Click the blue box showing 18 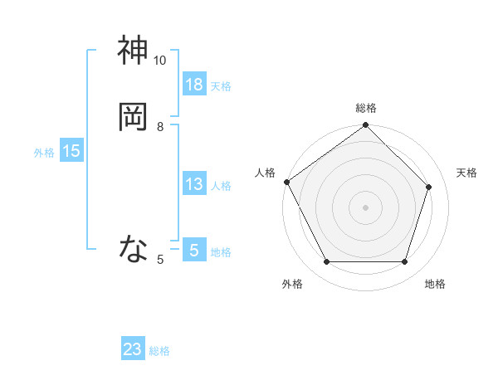(194, 84)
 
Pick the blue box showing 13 (194, 184)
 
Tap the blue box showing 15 (71, 151)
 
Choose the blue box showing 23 (133, 349)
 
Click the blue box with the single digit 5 (194, 250)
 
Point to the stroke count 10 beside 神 (160, 61)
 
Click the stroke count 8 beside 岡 (160, 126)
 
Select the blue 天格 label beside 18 (221, 85)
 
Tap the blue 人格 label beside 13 (221, 186)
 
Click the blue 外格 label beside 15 (44, 153)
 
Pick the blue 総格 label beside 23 (159, 351)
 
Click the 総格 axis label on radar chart (366, 108)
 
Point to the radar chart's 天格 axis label (466, 173)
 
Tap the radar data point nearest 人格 (287, 182)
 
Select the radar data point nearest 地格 (405, 262)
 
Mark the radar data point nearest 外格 (326, 262)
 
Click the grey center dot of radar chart (365, 207)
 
